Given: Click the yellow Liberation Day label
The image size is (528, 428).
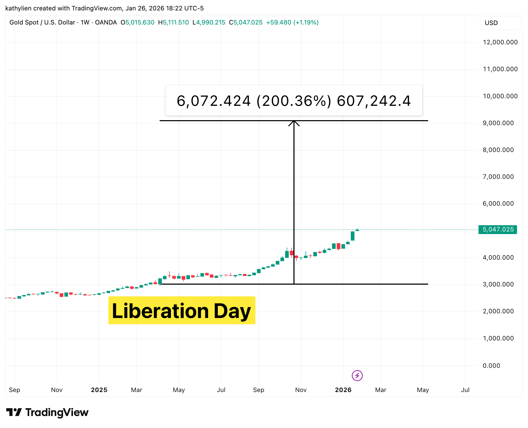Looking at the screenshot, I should [182, 310].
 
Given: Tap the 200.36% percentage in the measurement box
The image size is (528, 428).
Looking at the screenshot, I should [294, 101].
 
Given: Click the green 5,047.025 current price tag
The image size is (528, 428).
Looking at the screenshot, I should [498, 229].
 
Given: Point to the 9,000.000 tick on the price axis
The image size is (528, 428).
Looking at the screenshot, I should [498, 123].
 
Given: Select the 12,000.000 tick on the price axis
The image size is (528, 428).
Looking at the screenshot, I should [500, 42].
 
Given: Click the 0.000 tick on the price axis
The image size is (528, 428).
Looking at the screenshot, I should [491, 365].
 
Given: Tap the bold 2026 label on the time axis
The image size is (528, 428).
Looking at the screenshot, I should [343, 390].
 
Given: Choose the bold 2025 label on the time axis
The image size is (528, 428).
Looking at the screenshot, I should [99, 390].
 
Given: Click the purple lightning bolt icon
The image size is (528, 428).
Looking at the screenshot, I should [357, 376].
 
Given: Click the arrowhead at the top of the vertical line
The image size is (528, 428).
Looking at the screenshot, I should [294, 123].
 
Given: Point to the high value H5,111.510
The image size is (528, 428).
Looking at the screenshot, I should [173, 22].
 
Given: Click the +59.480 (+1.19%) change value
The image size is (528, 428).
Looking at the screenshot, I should [292, 22].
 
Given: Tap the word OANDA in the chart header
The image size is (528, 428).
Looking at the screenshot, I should [106, 22].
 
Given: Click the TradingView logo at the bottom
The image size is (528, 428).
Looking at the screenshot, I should [47, 412].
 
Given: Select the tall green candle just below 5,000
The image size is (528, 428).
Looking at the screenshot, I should [353, 236].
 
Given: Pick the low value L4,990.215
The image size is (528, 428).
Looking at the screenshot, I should [209, 22].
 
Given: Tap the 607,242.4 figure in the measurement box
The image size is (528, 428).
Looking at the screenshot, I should [374, 101].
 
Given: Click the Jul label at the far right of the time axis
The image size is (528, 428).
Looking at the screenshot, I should [465, 390].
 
